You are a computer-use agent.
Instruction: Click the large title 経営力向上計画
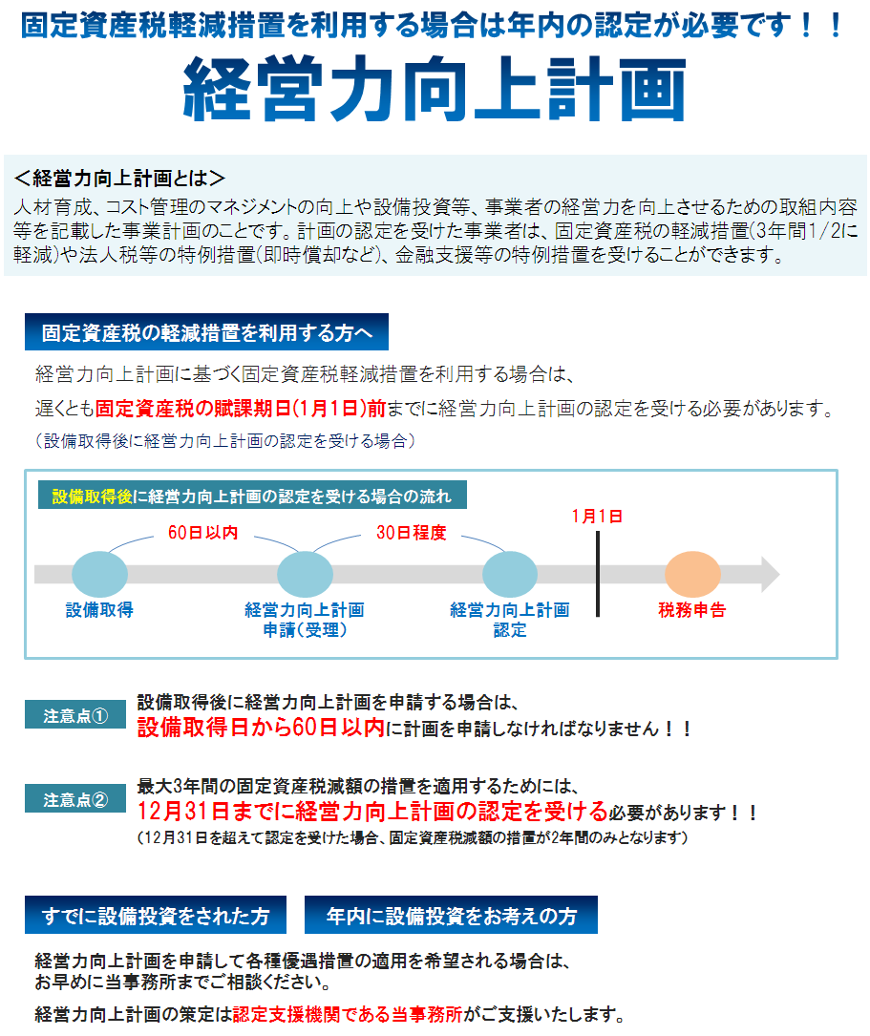point(434,89)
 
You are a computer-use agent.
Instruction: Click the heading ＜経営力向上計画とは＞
point(119,179)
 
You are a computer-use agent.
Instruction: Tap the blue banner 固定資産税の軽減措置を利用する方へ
point(207,331)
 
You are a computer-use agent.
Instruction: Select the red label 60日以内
point(202,533)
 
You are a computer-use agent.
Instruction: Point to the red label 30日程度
point(412,533)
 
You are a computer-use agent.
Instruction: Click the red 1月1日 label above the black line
point(597,516)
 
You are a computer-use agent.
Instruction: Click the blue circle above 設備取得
point(99,574)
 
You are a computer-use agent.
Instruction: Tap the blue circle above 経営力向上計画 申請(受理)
point(306,574)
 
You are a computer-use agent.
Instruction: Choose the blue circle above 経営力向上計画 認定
point(510,574)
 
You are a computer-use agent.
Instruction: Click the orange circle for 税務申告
point(692,574)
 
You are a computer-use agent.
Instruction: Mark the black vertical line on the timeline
point(598,574)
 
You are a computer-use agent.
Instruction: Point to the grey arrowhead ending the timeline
point(771,574)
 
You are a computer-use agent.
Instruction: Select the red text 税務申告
point(692,610)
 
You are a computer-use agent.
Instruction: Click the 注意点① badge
point(75,715)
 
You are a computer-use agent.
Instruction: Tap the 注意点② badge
point(75,799)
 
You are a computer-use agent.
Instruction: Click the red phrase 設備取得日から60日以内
point(261,728)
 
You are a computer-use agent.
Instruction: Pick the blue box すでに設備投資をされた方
point(156,915)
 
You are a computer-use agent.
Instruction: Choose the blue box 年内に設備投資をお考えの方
point(451,915)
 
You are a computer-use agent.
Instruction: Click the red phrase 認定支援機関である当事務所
point(348,1014)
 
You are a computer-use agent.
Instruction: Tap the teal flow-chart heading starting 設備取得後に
point(252,495)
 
